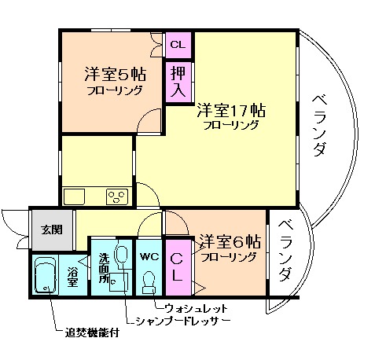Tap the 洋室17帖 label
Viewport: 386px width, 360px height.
tap(230, 111)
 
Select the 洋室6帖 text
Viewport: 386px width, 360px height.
tap(229, 241)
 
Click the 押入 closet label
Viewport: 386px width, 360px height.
tap(176, 81)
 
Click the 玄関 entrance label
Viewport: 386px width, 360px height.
tap(52, 230)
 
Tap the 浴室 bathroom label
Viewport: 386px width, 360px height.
tap(72, 276)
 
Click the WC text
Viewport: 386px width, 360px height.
tap(149, 256)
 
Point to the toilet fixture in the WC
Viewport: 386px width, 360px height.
tap(149, 281)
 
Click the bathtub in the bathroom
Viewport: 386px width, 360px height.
tap(46, 277)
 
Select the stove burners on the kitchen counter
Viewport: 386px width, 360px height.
tap(117, 197)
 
